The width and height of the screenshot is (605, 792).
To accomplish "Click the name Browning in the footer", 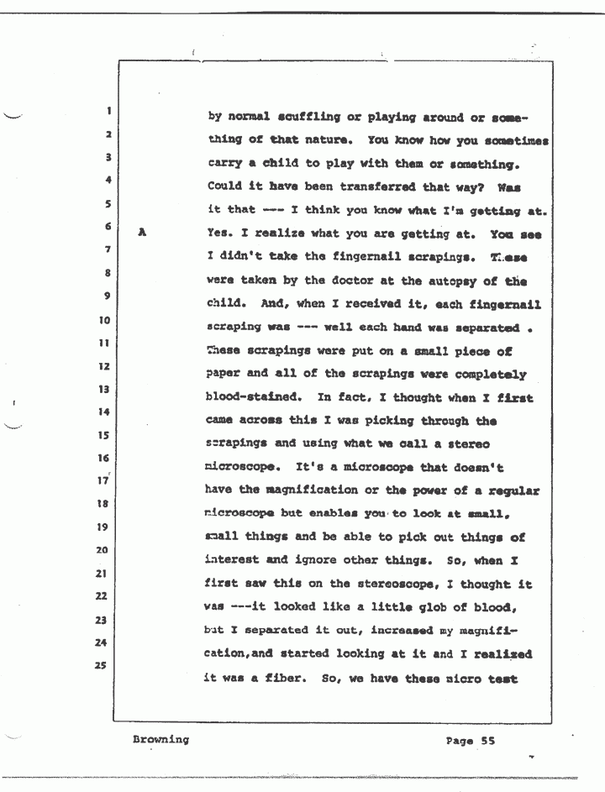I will coord(159,740).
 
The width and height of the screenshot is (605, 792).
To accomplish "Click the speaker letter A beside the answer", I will coord(143,235).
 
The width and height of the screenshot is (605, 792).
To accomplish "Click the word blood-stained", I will coord(252,397).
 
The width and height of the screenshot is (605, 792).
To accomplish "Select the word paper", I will coord(224,375).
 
